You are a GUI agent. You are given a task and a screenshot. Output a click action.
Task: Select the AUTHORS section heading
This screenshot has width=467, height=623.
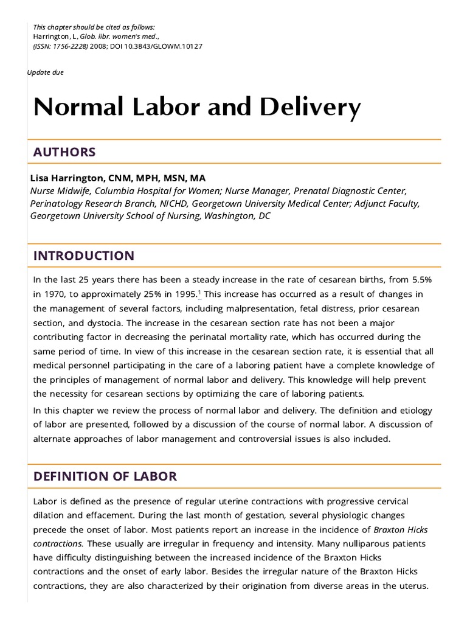tap(64, 152)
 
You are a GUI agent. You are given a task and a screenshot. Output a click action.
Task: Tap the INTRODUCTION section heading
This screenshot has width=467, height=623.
tap(84, 256)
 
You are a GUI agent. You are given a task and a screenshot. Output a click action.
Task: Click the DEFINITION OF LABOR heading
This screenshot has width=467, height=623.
tap(105, 476)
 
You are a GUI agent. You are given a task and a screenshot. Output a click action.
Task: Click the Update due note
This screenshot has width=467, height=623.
tap(46, 72)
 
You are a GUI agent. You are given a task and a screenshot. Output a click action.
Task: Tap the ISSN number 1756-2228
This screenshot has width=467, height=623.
tap(73, 46)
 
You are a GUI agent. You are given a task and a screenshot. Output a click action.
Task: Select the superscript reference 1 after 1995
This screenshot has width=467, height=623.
tap(199, 293)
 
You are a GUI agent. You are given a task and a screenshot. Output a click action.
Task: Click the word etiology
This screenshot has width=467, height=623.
tap(415, 410)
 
